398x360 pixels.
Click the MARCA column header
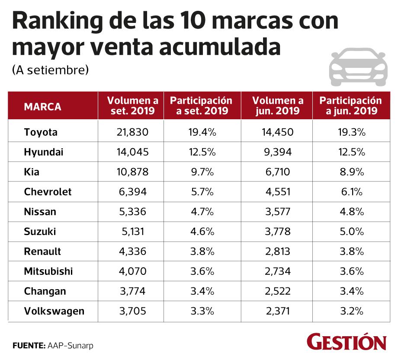tap(42, 106)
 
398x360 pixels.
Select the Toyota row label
tap(41, 132)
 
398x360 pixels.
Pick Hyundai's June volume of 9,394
tap(277, 152)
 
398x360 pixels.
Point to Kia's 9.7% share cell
tap(202, 172)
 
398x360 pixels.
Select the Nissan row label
tap(40, 212)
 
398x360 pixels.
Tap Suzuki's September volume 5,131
tap(132, 232)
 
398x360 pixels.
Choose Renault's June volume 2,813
tap(277, 252)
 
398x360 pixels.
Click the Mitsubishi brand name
tap(48, 271)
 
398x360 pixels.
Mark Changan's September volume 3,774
tap(132, 291)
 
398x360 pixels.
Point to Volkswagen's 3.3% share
tap(202, 311)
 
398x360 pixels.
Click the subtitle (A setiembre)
tap(50, 70)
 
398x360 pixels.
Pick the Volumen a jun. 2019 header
tap(277, 106)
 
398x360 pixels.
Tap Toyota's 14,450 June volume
tap(277, 132)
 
